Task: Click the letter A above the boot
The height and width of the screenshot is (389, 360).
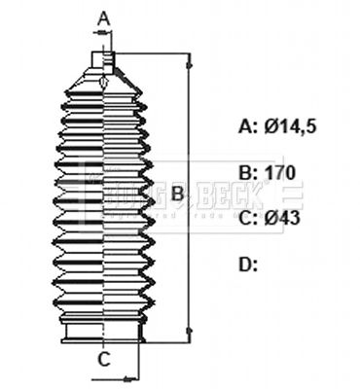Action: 104,17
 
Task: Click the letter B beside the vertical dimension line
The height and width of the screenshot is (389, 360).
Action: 177,194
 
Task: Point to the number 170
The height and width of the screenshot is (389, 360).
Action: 280,172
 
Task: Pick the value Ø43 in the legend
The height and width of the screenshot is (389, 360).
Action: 282,218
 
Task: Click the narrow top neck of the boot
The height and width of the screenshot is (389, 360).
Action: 103,60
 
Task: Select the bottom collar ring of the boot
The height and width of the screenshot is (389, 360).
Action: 103,334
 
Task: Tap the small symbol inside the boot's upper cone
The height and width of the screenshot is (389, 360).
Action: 103,86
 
